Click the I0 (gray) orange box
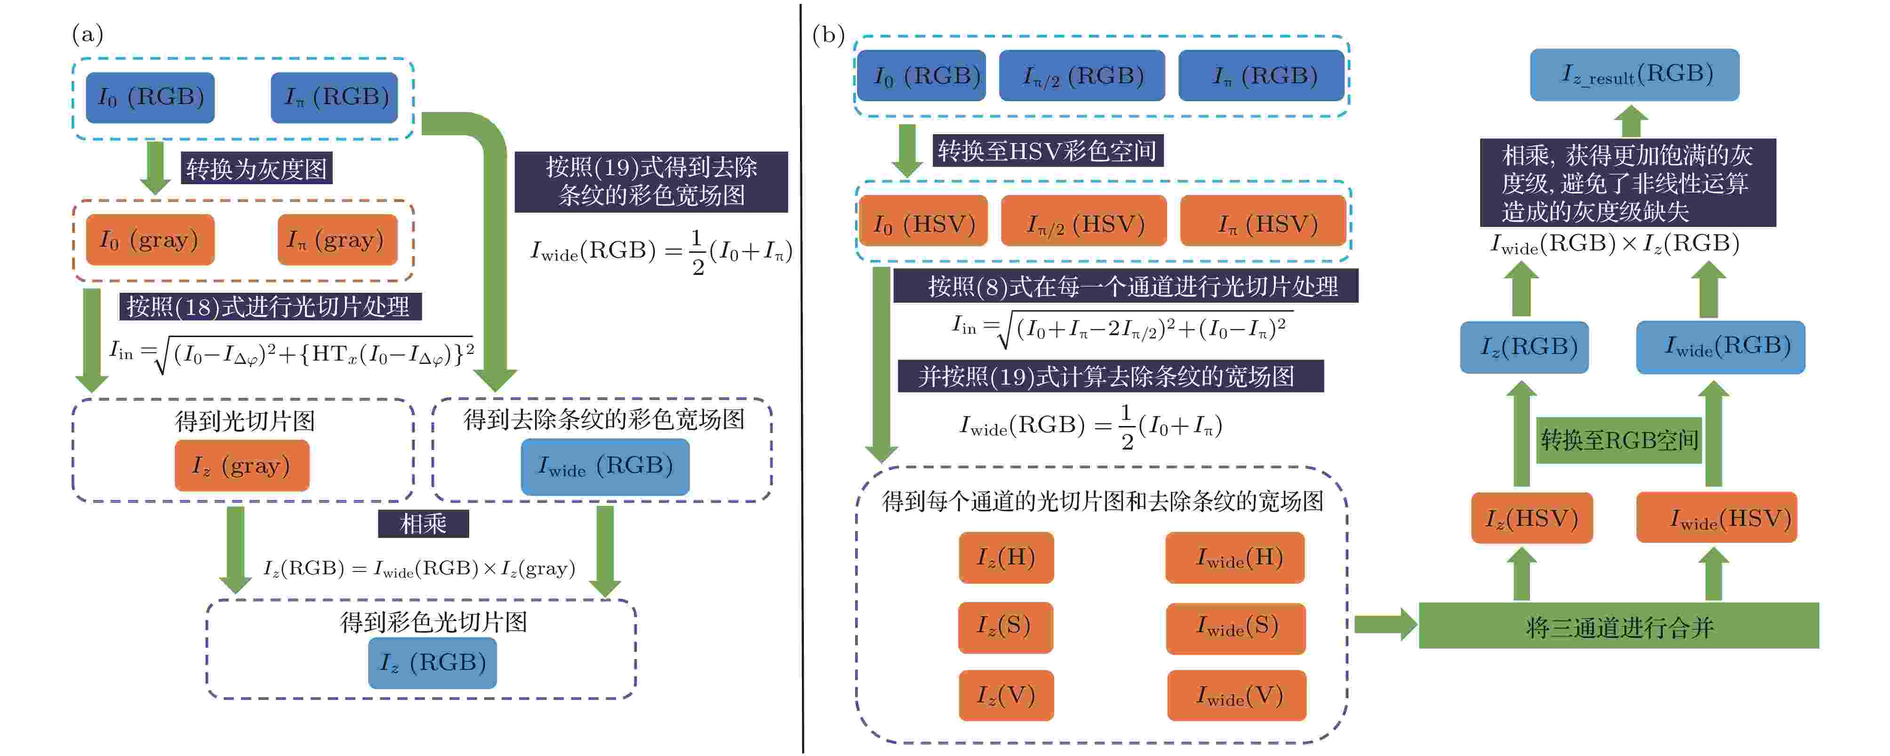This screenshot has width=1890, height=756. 150,239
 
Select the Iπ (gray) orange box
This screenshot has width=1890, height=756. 337,239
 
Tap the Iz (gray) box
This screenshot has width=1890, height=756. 241,466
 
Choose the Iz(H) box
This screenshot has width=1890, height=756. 1006,558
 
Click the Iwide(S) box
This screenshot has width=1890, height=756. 1235,627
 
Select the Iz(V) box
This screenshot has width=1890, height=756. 1006,695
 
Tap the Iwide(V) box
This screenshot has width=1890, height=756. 1237,695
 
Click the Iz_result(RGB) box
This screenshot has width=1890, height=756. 1634,74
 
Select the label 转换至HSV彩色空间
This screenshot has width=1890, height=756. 1048,151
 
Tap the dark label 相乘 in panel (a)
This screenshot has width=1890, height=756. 424,523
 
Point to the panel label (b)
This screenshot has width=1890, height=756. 828,34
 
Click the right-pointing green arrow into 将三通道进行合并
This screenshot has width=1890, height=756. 1385,625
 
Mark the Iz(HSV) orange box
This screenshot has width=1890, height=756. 1532,518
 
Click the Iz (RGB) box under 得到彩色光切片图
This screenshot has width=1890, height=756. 432,663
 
